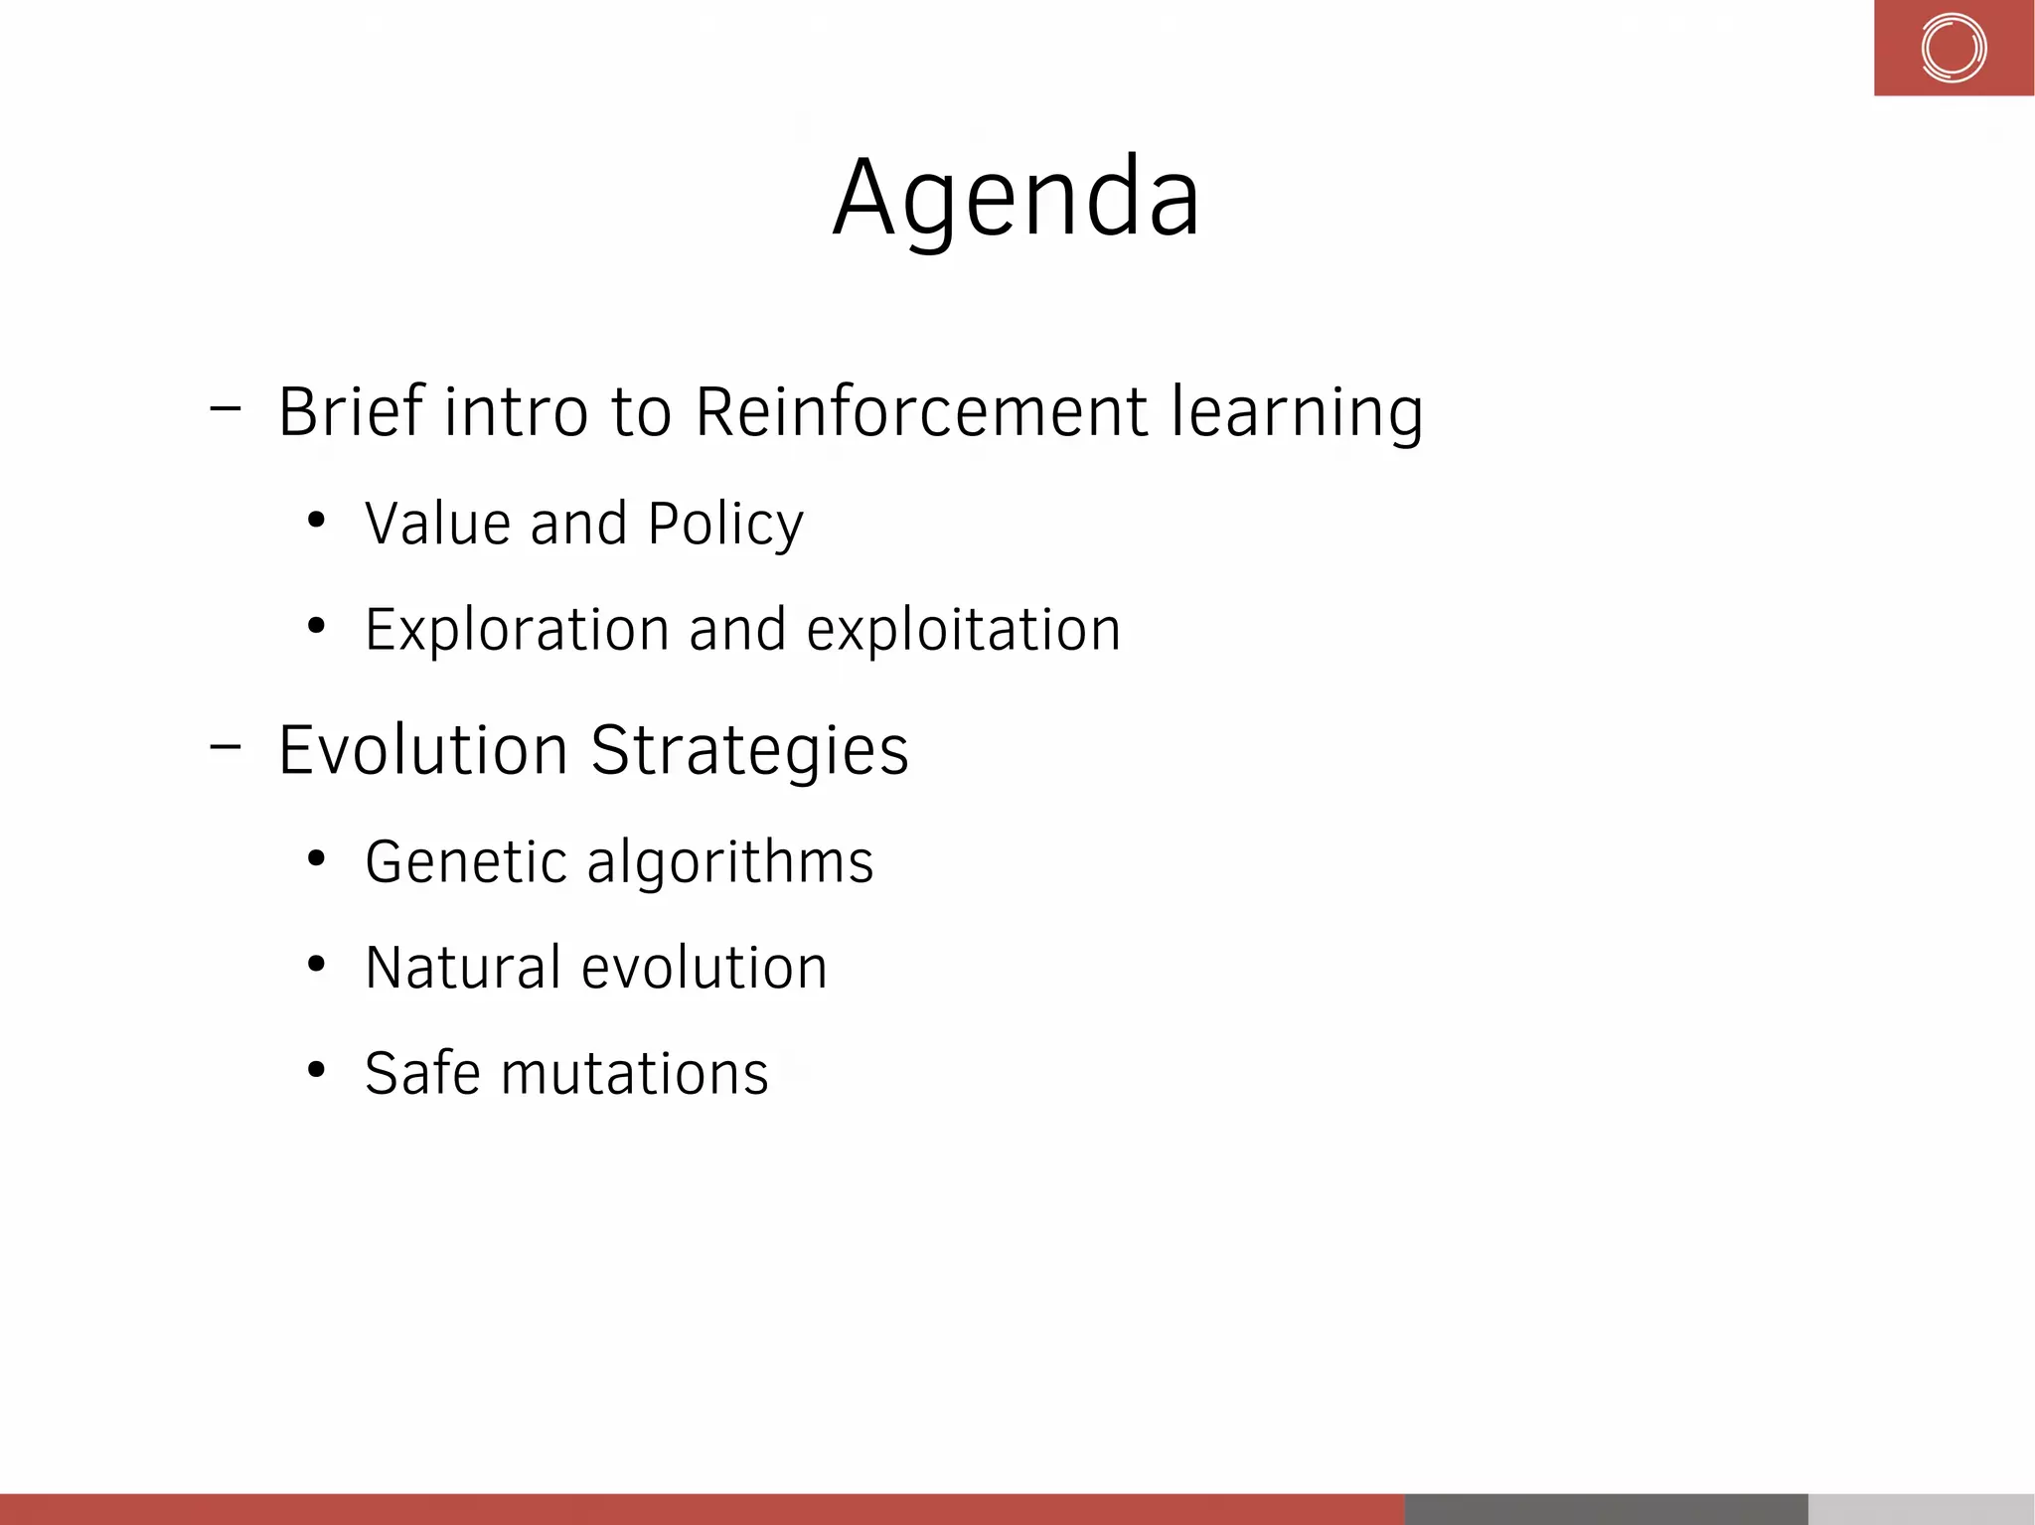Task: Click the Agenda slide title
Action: click(1017, 199)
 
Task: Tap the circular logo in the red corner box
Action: click(1953, 48)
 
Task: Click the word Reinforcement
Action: click(921, 411)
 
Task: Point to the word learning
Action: click(1297, 413)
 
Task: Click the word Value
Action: click(437, 524)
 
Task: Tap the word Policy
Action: click(725, 525)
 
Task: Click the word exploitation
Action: click(963, 630)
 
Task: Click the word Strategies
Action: click(749, 751)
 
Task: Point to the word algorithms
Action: click(730, 862)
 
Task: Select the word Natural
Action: click(462, 968)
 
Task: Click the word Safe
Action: click(422, 1073)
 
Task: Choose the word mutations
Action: click(635, 1074)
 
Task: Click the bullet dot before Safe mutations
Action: click(316, 1069)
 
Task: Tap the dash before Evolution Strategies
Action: click(226, 746)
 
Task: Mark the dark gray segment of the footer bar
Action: click(1605, 1508)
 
